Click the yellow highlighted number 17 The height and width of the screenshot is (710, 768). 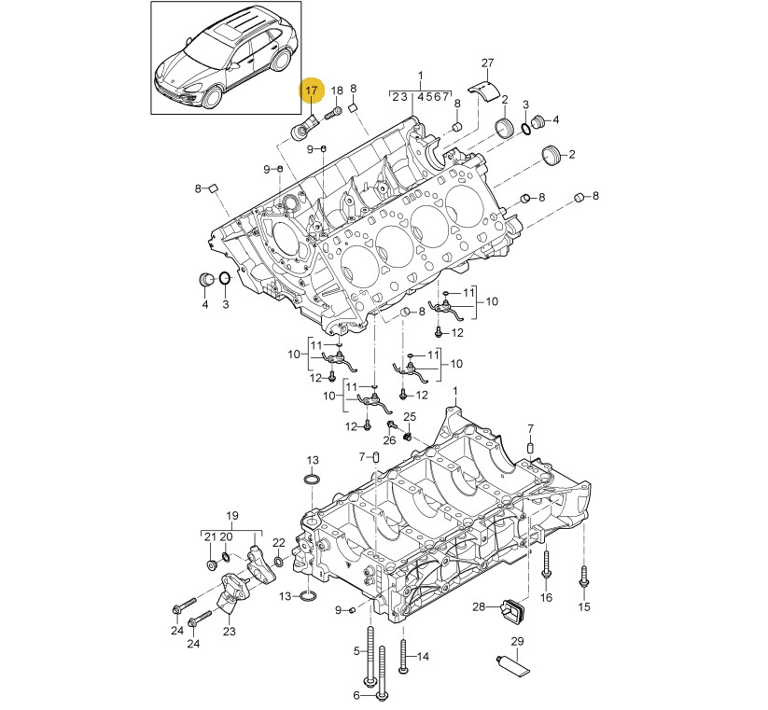[312, 90]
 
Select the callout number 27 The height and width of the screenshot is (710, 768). [488, 63]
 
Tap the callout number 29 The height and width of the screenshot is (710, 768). [517, 641]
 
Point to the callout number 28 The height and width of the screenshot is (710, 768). [479, 606]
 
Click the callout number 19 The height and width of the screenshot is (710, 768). [232, 516]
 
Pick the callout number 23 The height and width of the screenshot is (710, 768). [230, 632]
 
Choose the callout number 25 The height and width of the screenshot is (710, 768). [410, 417]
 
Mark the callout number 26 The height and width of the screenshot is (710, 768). [389, 440]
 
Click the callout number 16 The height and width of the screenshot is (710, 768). [546, 597]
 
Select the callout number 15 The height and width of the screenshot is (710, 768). [584, 606]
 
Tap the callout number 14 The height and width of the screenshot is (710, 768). [423, 657]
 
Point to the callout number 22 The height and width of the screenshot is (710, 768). [279, 542]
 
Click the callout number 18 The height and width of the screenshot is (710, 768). [337, 90]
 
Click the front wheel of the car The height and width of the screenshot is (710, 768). [213, 96]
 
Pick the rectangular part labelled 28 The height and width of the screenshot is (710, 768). [512, 612]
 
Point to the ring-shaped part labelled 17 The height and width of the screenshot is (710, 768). [300, 130]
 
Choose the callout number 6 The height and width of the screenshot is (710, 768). [356, 695]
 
